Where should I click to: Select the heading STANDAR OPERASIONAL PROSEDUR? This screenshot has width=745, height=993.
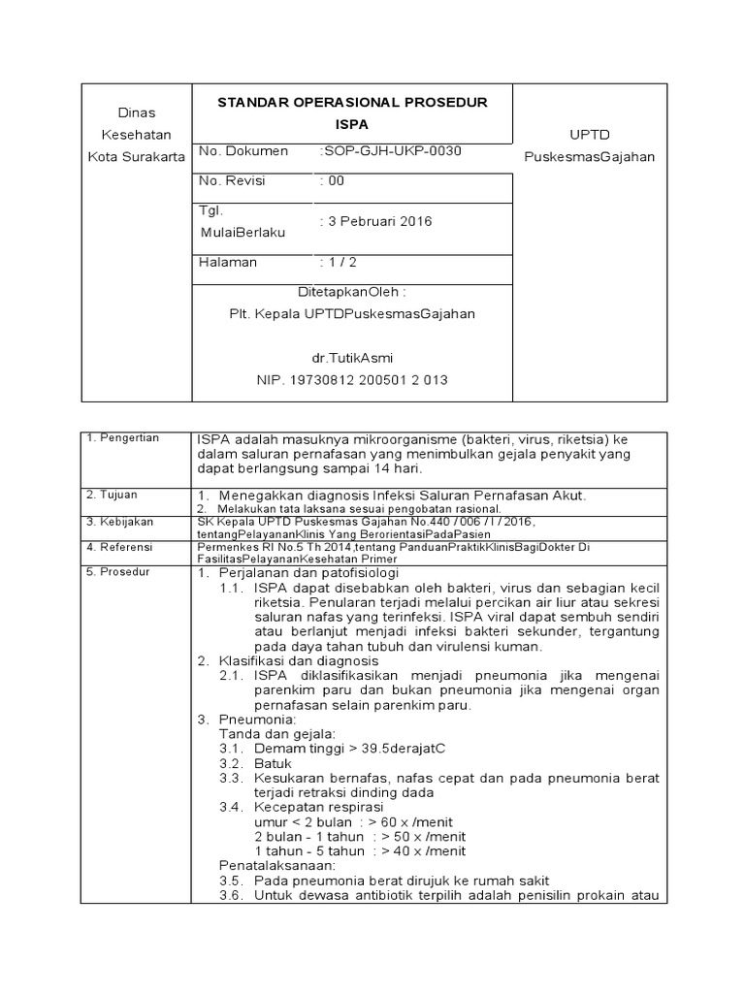[352, 103]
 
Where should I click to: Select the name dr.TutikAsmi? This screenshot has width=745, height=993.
[351, 357]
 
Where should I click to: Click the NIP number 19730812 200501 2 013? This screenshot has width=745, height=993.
[351, 380]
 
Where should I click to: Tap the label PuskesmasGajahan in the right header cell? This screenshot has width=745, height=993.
[589, 157]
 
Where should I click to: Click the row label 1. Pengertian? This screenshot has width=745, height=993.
[122, 438]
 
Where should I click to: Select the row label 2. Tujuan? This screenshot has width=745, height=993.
[110, 495]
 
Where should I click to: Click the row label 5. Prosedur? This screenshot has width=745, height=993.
[117, 572]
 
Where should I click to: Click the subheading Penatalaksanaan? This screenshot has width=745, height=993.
[277, 864]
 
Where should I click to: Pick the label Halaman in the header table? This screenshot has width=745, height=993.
[228, 262]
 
